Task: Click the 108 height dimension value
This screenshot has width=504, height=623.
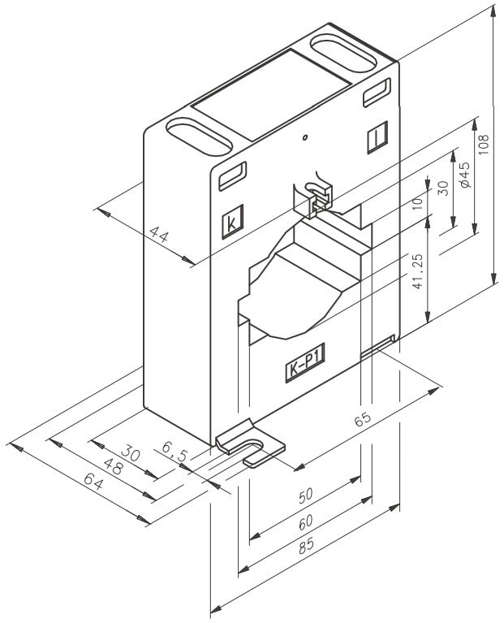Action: (x=484, y=145)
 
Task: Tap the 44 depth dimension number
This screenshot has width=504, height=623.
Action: (x=159, y=236)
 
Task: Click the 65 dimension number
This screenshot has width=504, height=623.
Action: (x=363, y=419)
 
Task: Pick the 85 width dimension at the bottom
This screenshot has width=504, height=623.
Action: (x=305, y=547)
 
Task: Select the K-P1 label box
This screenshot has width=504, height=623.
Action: (x=304, y=370)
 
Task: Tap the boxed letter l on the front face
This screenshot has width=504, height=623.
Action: (x=377, y=139)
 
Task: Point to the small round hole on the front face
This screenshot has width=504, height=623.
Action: (x=304, y=138)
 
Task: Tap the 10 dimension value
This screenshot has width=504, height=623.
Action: (x=417, y=203)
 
